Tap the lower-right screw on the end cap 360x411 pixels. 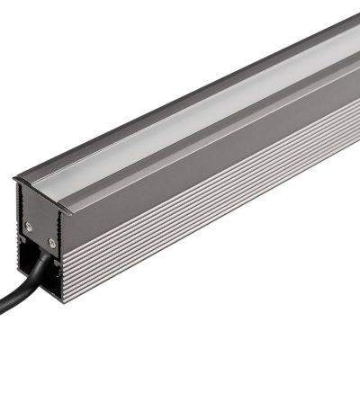(52, 241)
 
